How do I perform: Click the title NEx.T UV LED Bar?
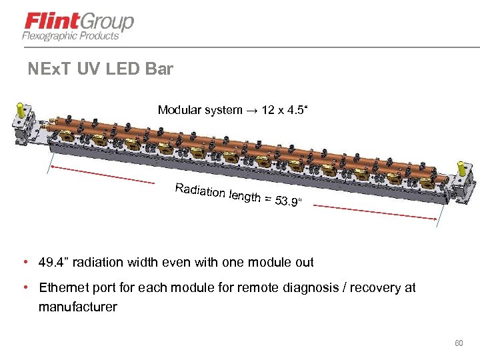pos(101,69)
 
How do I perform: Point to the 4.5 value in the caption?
pos(294,110)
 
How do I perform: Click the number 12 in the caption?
pos(269,110)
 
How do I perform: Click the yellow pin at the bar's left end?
pos(21,107)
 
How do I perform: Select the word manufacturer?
pos(77,307)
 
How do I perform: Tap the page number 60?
pos(458,343)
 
